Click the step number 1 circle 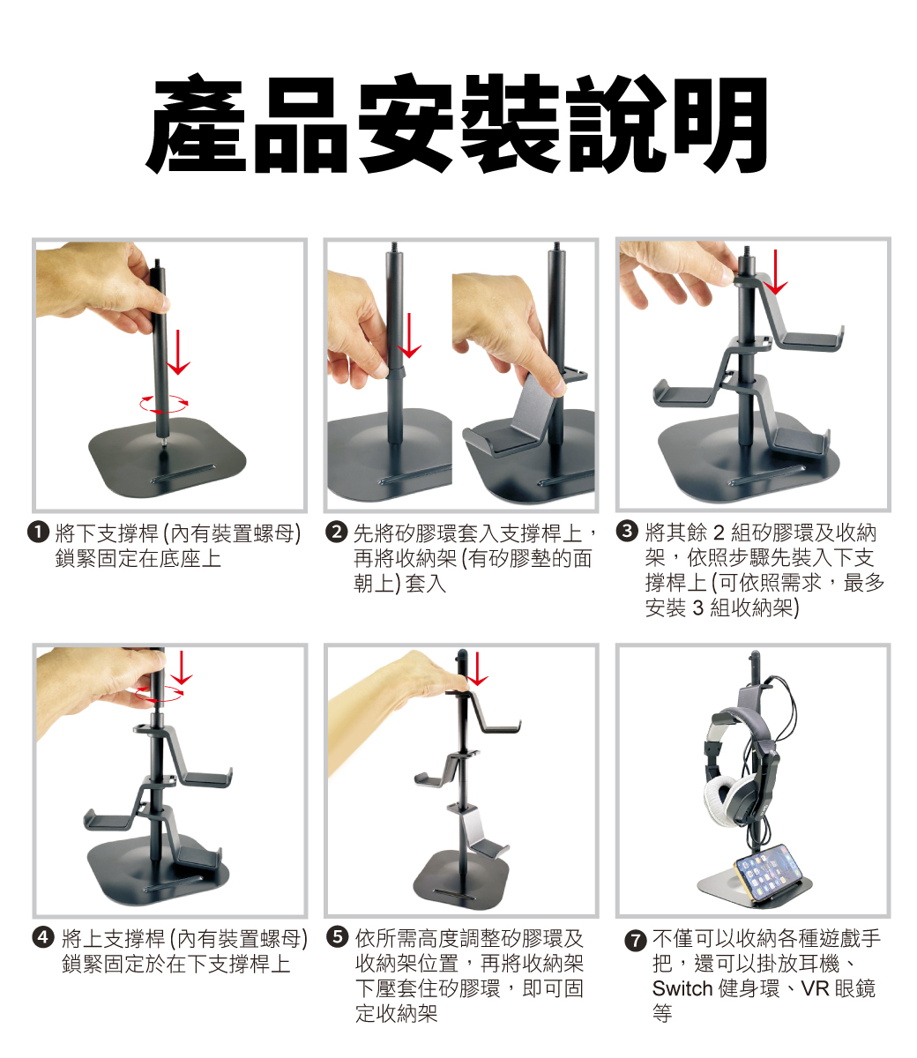tap(39, 533)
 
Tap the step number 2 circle tap(337, 533)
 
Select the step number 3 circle tap(627, 532)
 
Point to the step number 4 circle tap(42, 937)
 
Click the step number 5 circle tap(338, 937)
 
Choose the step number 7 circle tap(636, 941)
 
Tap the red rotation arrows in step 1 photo tap(164, 403)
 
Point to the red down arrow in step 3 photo tap(776, 272)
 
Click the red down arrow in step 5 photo tap(478, 668)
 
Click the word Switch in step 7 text tap(682, 988)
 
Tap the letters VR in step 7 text tap(815, 988)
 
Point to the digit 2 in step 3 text tap(719, 533)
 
